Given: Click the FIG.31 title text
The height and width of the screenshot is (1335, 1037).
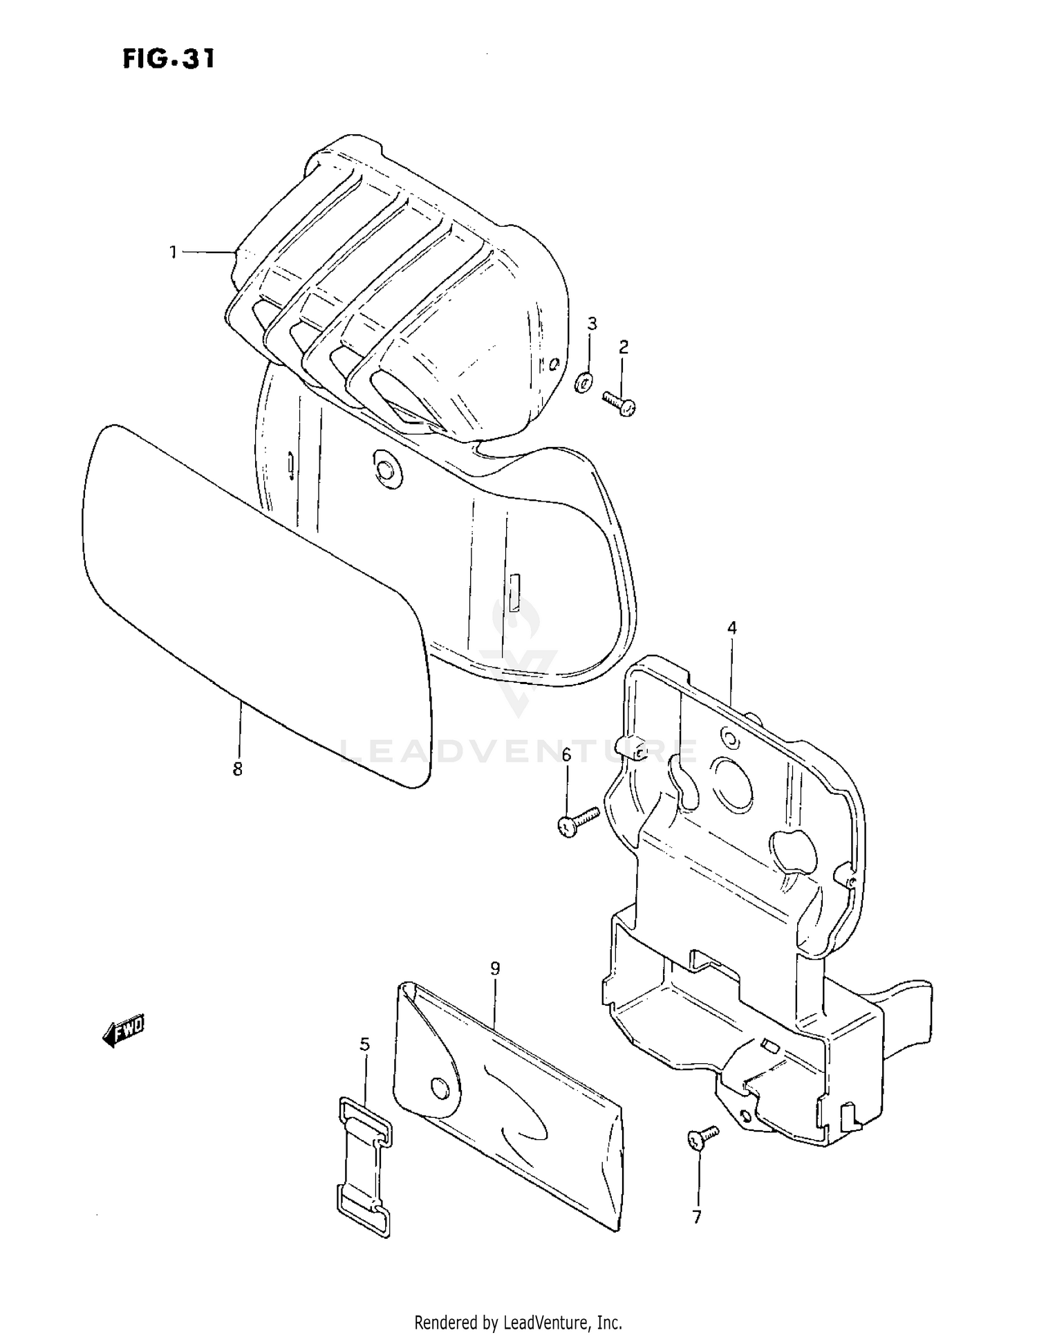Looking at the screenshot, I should (169, 59).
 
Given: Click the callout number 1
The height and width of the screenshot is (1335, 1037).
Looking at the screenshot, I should (174, 252).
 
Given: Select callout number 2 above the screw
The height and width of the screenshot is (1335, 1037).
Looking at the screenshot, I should (624, 347).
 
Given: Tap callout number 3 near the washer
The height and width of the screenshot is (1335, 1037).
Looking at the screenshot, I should (592, 323).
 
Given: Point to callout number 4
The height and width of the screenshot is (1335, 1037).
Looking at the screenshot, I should (731, 628).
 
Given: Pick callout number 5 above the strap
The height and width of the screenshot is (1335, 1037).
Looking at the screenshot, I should (365, 1044).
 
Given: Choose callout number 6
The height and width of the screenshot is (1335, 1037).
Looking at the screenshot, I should (566, 755).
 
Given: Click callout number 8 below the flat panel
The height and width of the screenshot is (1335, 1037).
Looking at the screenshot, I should (237, 768).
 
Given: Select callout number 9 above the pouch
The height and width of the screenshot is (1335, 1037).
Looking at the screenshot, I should (495, 968).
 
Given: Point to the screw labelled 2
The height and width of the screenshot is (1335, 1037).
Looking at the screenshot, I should (619, 403).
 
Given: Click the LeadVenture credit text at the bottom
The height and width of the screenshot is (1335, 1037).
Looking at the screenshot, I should (518, 1322).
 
